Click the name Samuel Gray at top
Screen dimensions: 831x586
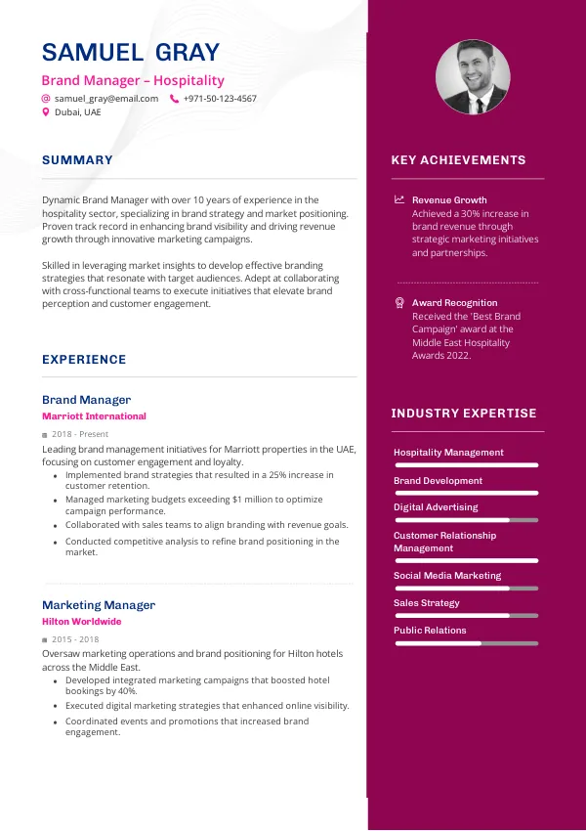(131, 53)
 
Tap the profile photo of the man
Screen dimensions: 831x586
(472, 76)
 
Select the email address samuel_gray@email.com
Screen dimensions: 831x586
(106, 99)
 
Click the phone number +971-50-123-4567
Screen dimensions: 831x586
(220, 99)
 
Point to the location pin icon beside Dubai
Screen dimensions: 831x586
(45, 112)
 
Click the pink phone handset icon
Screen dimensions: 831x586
(174, 99)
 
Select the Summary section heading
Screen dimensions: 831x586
(77, 160)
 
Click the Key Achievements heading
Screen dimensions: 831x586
(458, 160)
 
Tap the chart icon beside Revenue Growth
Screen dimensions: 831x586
(399, 199)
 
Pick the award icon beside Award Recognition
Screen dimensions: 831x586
(399, 303)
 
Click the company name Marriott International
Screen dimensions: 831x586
(94, 416)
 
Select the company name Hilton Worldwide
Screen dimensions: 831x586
(82, 622)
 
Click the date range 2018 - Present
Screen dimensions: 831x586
(80, 434)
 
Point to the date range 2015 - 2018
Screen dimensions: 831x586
(75, 639)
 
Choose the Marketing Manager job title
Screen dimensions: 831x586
(99, 605)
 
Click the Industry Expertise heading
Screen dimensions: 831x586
(464, 414)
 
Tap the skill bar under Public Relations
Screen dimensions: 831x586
(466, 643)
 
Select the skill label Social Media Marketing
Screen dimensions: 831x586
(447, 576)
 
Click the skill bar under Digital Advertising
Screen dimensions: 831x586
(466, 520)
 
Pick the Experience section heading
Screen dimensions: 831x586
(84, 360)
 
